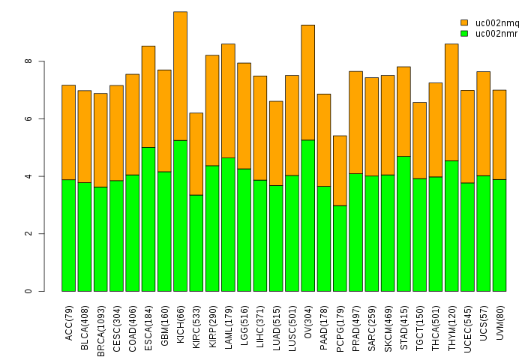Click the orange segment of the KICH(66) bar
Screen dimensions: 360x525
(180, 76)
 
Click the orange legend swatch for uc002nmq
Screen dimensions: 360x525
(464, 23)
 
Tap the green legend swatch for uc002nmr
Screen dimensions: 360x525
(464, 33)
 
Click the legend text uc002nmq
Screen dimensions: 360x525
(496, 23)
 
